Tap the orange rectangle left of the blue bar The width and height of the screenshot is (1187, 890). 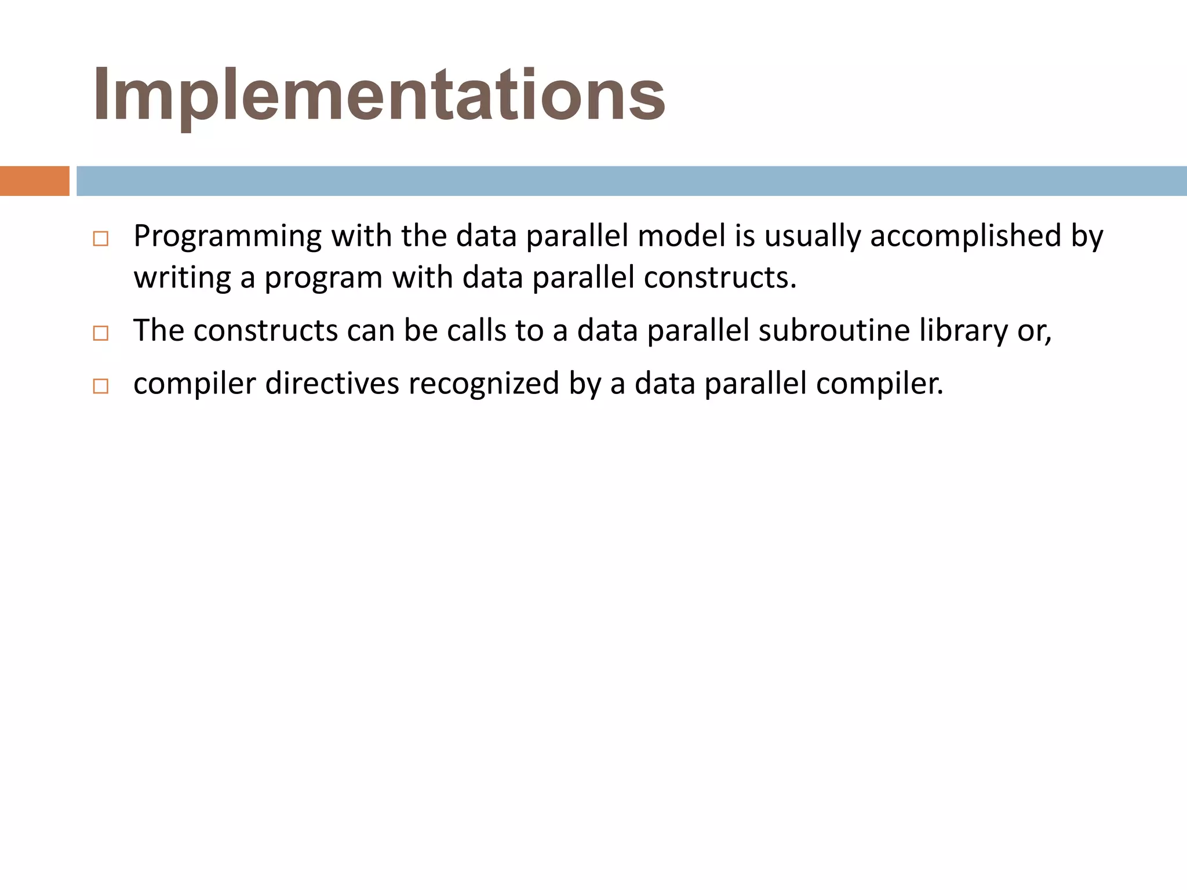point(34,181)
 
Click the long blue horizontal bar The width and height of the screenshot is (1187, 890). point(631,181)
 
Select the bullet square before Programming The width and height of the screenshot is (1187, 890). point(100,239)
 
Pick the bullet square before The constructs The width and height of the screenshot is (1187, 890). point(100,333)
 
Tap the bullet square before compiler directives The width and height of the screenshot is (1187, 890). point(100,386)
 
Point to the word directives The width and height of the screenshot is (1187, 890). point(332,384)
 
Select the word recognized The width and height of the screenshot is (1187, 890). point(484,384)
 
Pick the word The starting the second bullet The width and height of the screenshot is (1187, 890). point(158,330)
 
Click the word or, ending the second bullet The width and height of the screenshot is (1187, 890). point(1035,331)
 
